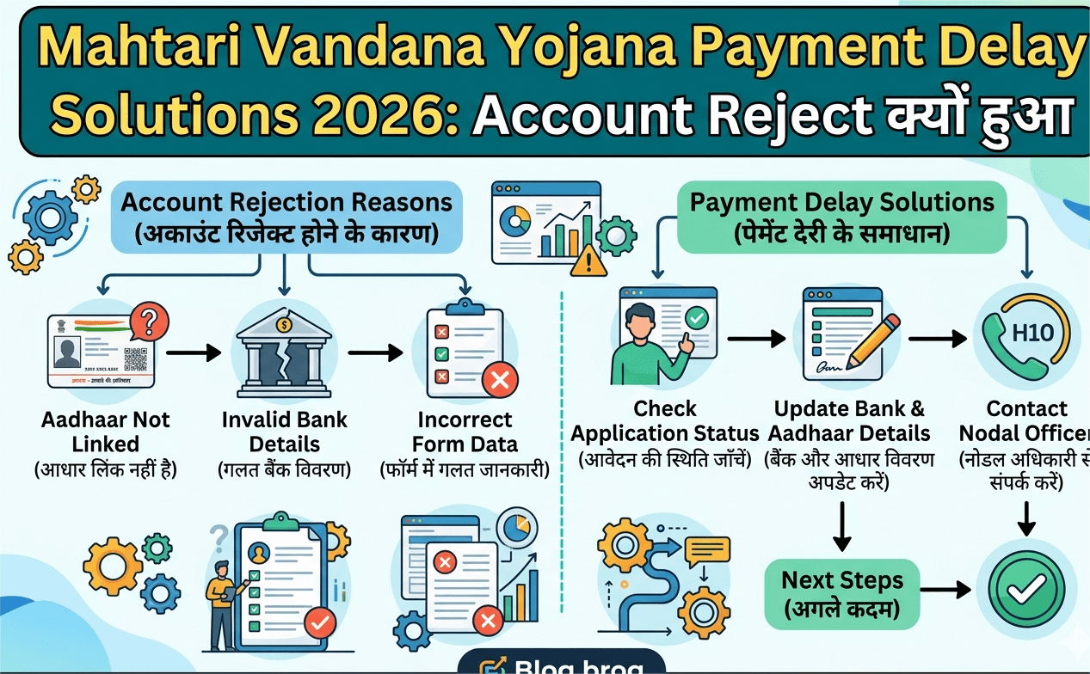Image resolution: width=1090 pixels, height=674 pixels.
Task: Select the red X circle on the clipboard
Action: tap(499, 380)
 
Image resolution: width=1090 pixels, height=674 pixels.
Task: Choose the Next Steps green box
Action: tap(842, 594)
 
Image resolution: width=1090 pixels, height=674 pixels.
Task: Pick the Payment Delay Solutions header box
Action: tap(842, 216)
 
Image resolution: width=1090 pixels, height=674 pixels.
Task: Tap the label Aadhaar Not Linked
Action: tap(106, 432)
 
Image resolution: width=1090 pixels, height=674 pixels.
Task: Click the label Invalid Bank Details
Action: tap(285, 432)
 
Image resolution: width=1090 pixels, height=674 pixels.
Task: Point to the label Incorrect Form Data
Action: tap(465, 432)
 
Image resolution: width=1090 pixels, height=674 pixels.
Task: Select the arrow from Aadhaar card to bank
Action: tap(194, 352)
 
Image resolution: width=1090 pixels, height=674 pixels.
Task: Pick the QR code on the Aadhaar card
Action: tap(135, 358)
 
